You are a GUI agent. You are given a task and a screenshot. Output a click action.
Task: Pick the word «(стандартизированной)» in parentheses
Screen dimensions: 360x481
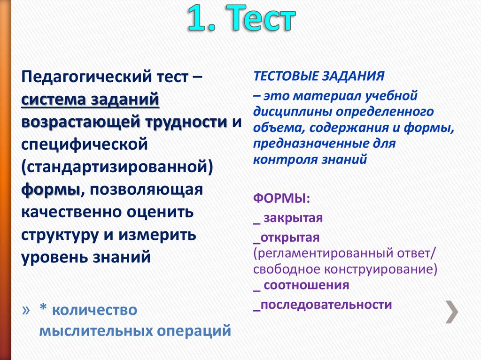115,168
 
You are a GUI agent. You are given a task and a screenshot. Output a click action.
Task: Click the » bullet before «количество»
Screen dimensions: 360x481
26,310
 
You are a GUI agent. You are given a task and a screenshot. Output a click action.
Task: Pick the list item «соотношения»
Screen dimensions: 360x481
306,285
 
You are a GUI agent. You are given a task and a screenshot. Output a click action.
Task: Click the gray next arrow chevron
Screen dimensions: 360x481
452,311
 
